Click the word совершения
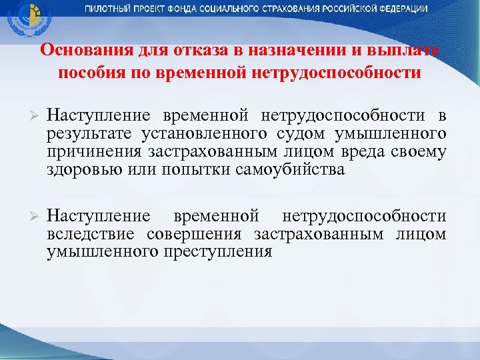pos(193,234)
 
